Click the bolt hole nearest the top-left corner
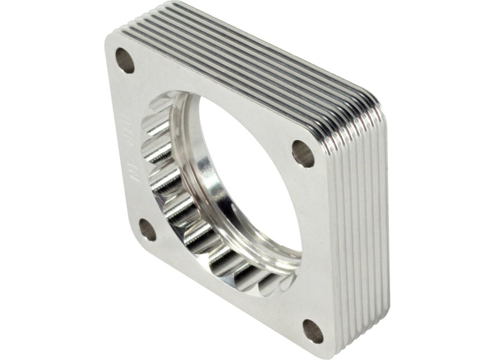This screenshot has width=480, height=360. [x=125, y=60]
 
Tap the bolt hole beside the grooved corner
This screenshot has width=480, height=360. [x=303, y=154]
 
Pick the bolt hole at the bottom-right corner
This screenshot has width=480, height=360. [x=313, y=331]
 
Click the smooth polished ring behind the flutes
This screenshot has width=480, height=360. [x=204, y=180]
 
